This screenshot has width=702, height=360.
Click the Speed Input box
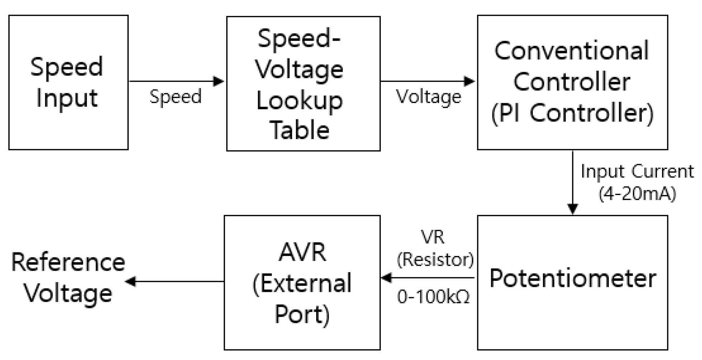[68, 82]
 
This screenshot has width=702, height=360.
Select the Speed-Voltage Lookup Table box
[303, 84]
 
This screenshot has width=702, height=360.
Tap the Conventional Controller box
[572, 82]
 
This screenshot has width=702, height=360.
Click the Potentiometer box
[572, 283]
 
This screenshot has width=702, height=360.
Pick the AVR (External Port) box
[302, 283]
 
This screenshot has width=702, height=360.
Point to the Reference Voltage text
[68, 278]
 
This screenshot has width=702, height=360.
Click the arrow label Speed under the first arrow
[175, 97]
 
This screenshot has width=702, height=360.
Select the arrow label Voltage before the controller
[428, 97]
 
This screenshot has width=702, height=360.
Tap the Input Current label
[637, 171]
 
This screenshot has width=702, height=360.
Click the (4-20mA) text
[637, 194]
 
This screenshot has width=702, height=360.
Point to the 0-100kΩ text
[433, 297]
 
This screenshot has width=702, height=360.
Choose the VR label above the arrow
[433, 237]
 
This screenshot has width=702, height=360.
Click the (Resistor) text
[435, 259]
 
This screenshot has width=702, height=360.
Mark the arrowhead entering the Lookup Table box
[218, 81]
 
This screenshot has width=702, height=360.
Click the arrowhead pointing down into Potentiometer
[573, 209]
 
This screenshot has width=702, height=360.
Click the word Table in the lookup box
[300, 130]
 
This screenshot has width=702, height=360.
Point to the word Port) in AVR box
[302, 314]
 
